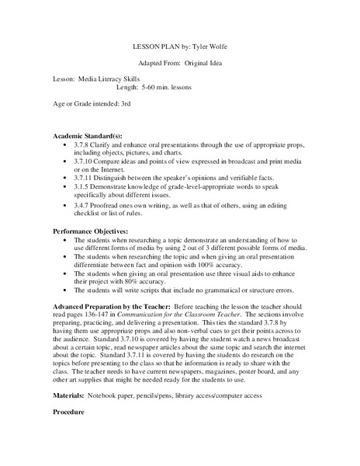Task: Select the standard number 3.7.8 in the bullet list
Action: point(86,144)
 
